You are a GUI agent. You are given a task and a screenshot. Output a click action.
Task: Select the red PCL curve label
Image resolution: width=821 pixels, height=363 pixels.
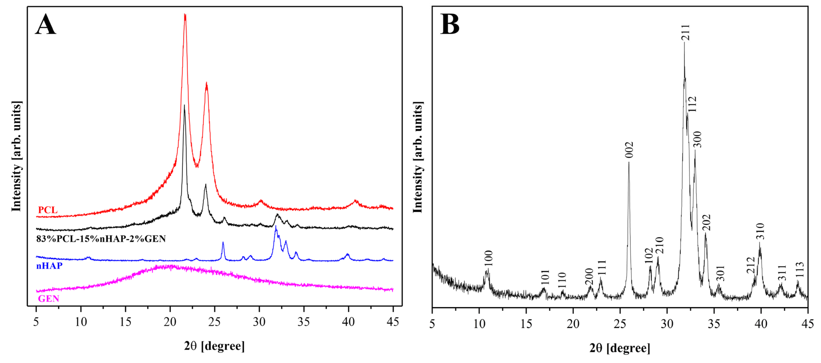[x=47, y=210]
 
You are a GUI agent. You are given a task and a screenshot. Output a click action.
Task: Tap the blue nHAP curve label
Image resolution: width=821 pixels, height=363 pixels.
[x=49, y=265]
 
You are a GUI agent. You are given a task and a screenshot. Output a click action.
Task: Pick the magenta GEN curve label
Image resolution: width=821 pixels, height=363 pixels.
[x=48, y=299]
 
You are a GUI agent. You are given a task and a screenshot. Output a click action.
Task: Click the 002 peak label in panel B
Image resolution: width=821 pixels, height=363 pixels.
[x=629, y=150]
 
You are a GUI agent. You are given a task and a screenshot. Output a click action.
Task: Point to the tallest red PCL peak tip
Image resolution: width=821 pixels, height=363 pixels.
[x=185, y=15]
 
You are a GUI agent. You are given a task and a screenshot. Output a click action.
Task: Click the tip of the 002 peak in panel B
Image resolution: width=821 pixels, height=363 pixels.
[x=629, y=163]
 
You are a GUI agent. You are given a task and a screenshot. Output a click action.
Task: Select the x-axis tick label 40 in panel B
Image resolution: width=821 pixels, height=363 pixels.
[x=761, y=324]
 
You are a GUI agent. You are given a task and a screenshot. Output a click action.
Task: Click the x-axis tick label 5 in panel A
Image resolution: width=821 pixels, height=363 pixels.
[x=36, y=322]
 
